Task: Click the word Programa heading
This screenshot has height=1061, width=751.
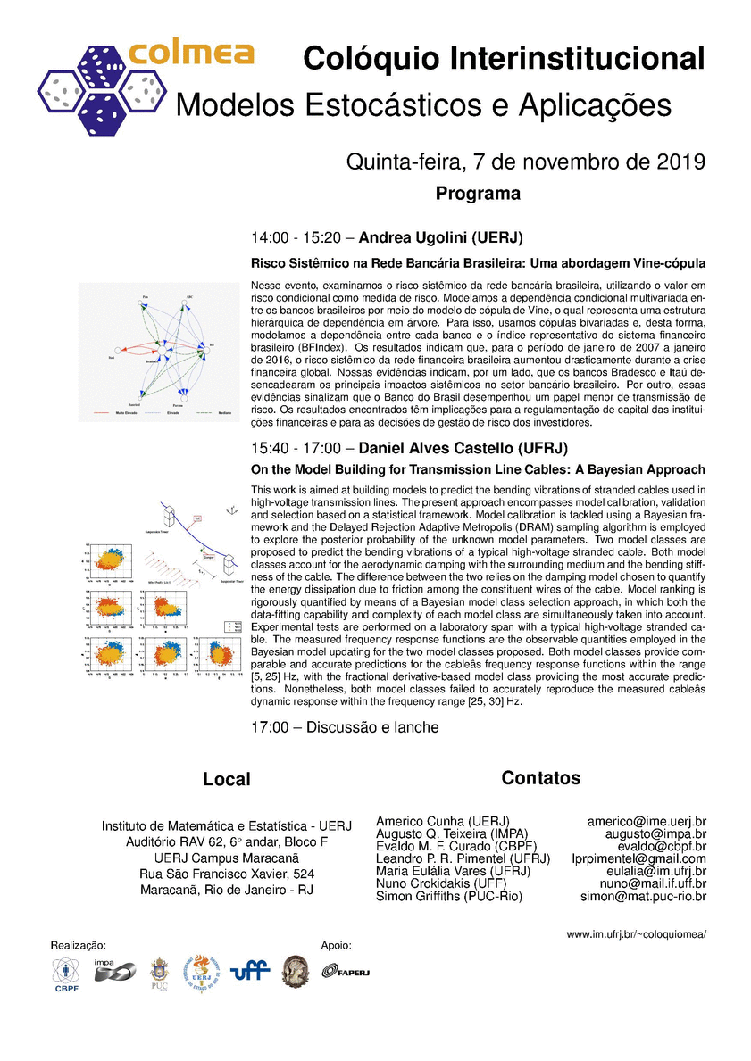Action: coord(478,194)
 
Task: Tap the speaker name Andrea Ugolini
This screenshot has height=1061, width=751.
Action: coord(440,238)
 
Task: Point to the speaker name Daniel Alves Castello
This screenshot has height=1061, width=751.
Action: coord(463,447)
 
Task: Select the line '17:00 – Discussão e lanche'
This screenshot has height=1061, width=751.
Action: coord(345,727)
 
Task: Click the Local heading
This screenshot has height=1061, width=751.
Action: coord(227,779)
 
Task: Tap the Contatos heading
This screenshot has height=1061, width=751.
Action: coord(541,778)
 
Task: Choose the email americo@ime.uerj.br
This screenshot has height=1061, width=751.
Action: coord(647,821)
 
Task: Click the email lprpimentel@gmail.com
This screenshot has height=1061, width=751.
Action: coord(638,858)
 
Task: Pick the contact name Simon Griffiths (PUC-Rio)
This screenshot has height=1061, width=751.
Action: coord(449,896)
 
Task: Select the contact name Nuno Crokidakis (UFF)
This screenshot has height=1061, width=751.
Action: coord(441,883)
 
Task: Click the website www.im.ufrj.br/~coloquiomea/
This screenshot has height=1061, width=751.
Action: coord(637,934)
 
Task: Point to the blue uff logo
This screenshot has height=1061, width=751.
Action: coord(250,972)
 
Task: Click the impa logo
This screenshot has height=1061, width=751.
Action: coord(114,970)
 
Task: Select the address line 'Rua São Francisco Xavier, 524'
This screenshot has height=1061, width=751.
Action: coord(227,874)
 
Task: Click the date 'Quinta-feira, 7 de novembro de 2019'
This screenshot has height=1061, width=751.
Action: coord(526,162)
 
